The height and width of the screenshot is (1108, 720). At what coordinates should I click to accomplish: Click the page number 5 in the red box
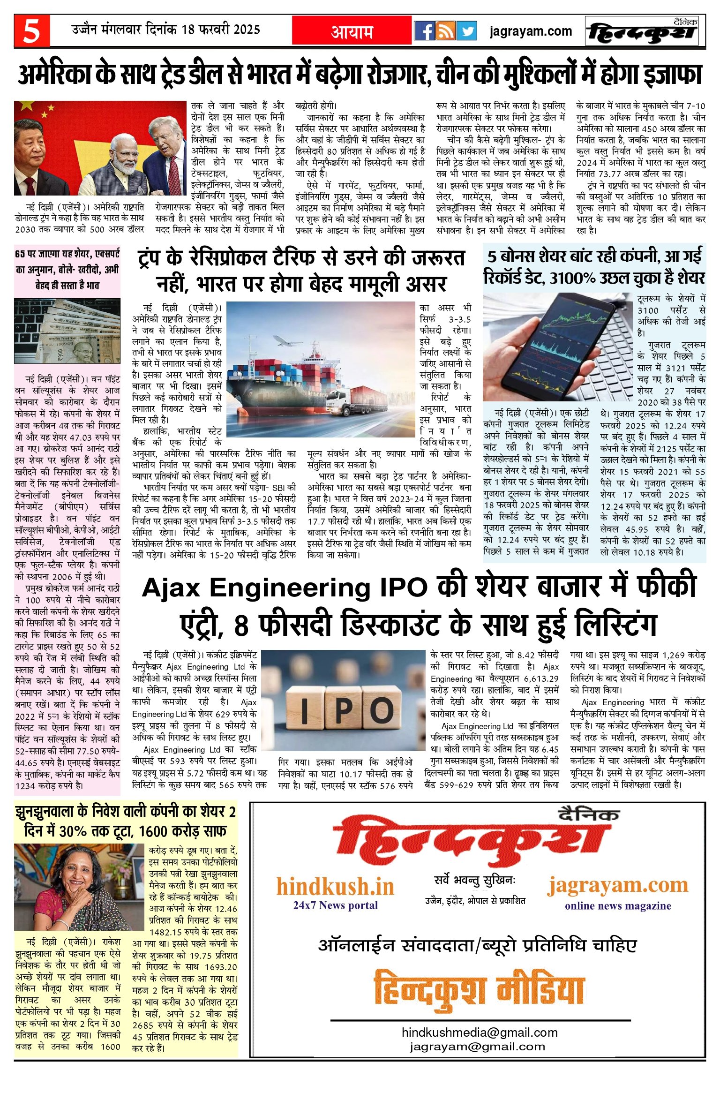32,31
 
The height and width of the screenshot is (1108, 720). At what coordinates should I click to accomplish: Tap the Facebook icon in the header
424,31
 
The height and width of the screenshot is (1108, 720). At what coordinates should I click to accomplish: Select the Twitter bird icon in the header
467,31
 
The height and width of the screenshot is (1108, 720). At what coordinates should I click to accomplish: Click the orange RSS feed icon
445,31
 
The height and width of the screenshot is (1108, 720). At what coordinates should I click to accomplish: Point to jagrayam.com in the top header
531,31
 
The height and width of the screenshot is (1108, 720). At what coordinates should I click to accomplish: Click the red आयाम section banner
352,31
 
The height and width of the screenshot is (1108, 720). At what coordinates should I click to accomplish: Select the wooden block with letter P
343,710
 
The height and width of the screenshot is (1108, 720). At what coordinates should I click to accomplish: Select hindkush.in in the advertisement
335,887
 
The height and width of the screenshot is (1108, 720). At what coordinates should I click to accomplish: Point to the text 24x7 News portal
335,905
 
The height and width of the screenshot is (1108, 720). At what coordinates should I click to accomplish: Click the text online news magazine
618,906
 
